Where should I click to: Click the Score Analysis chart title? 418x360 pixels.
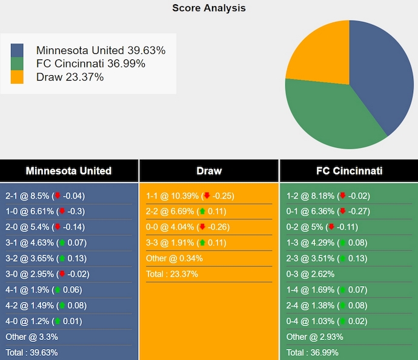pyautogui.click(x=209, y=8)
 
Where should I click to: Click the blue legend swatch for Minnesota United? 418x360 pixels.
pyautogui.click(x=17, y=51)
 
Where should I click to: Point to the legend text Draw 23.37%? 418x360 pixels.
pyautogui.click(x=70, y=77)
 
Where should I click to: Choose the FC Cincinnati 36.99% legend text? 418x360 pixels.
pyautogui.click(x=91, y=64)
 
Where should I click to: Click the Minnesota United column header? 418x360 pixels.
pyautogui.click(x=69, y=171)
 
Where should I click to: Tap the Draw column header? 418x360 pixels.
pyautogui.click(x=209, y=171)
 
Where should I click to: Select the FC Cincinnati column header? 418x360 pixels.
pyautogui.click(x=349, y=171)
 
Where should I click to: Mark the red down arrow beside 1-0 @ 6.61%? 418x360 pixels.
pyautogui.click(x=61, y=212)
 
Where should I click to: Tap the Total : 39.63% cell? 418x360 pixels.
pyautogui.click(x=32, y=352)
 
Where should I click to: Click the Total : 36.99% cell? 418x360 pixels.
pyautogui.click(x=313, y=352)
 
